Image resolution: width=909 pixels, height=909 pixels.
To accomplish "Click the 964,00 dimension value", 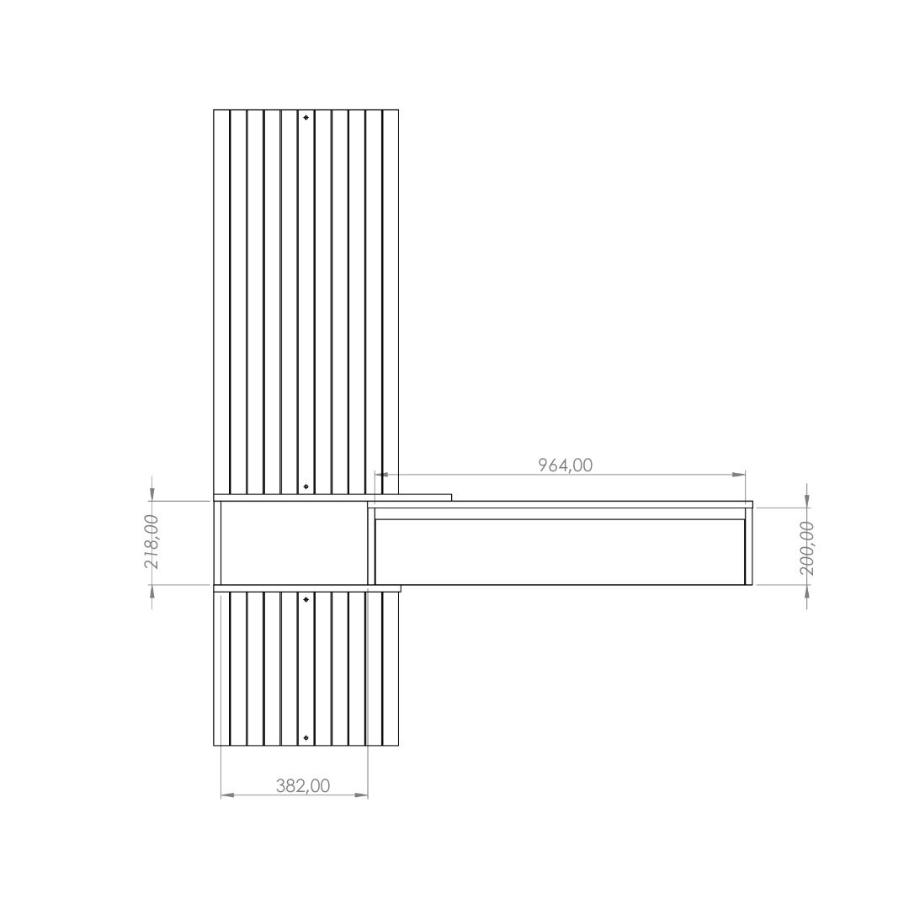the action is tap(566, 465).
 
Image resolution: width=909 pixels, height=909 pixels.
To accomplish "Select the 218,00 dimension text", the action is tap(151, 541).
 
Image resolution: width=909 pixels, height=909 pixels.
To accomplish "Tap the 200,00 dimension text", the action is tap(806, 548).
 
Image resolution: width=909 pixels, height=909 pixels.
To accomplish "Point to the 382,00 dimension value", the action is tap(303, 786).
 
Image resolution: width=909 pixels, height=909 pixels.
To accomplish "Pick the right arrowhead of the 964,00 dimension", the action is tap(739, 475).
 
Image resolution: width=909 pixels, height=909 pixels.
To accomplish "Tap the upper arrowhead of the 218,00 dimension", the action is tap(151, 493).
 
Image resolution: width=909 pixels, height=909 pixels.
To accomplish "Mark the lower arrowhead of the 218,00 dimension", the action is tap(151, 592).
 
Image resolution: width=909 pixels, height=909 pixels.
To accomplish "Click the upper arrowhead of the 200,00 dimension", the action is tap(807, 500).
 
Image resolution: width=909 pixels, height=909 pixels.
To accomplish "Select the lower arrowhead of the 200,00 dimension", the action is tap(807, 592).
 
